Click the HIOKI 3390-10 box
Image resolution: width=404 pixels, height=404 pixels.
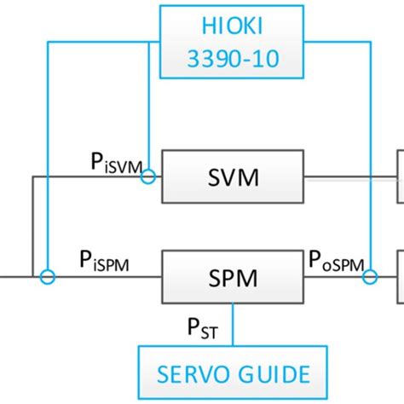pyautogui.click(x=231, y=40)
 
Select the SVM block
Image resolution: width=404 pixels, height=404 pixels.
pyautogui.click(x=233, y=176)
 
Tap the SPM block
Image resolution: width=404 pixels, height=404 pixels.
pyautogui.click(x=233, y=276)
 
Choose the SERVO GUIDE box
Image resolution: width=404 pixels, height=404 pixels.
pyautogui.click(x=233, y=372)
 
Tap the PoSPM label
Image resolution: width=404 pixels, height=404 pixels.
pyautogui.click(x=340, y=261)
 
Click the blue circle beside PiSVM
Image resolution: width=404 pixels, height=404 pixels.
pyautogui.click(x=148, y=176)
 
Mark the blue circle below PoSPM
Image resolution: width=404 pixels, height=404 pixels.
pyautogui.click(x=370, y=276)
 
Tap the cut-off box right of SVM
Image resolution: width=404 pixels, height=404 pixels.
pyautogui.click(x=400, y=176)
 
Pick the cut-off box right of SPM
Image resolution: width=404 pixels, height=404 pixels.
pyautogui.click(x=400, y=274)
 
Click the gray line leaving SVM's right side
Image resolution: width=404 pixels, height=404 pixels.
pyautogui.click(x=349, y=178)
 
